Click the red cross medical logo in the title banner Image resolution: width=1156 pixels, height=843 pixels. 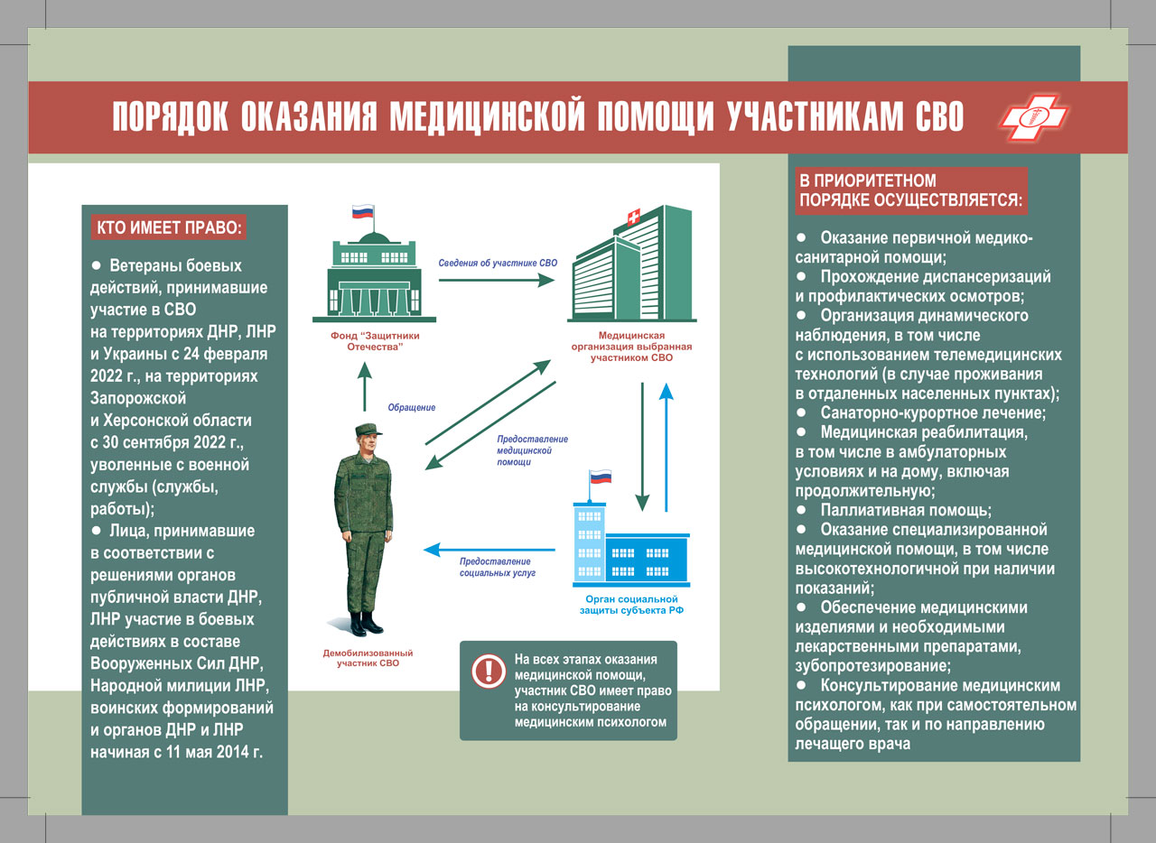pyautogui.click(x=1033, y=117)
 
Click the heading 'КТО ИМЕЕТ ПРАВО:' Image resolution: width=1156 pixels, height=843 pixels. pyautogui.click(x=169, y=227)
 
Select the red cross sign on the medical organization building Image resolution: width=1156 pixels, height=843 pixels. pyautogui.click(x=633, y=218)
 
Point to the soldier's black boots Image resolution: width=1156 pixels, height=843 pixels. pyautogui.click(x=366, y=622)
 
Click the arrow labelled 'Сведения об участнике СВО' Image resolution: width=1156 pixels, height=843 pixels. pyautogui.click(x=497, y=281)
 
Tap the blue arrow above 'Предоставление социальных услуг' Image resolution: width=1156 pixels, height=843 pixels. pyautogui.click(x=490, y=548)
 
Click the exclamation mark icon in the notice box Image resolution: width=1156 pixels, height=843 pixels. pyautogui.click(x=488, y=671)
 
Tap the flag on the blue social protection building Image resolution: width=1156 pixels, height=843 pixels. pyautogui.click(x=601, y=477)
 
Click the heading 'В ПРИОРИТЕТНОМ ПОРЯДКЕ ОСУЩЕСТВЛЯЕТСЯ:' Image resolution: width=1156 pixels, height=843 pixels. pyautogui.click(x=910, y=190)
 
